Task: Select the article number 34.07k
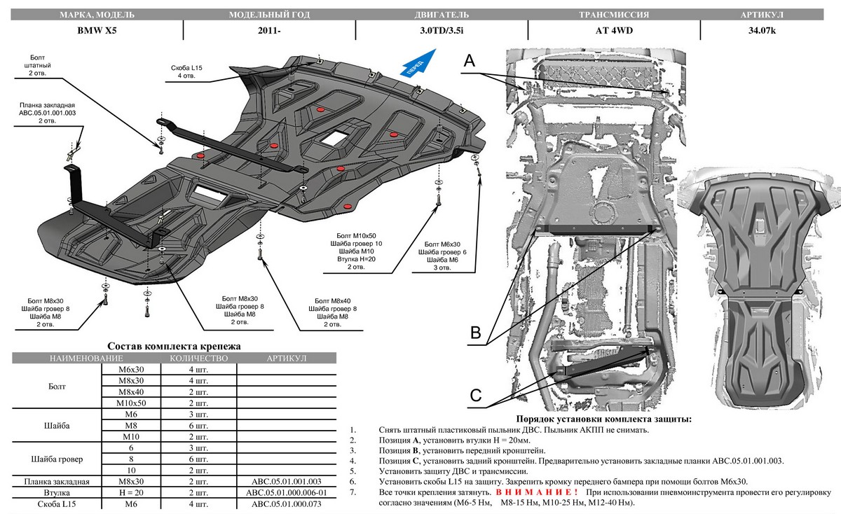(761, 30)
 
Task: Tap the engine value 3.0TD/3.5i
(441, 30)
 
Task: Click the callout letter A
(470, 62)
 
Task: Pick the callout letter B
(475, 333)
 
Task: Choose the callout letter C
(475, 396)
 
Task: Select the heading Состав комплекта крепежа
(173, 346)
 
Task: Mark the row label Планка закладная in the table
(57, 482)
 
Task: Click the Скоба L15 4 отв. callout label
(185, 71)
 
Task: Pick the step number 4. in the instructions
(354, 461)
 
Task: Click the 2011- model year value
(267, 30)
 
